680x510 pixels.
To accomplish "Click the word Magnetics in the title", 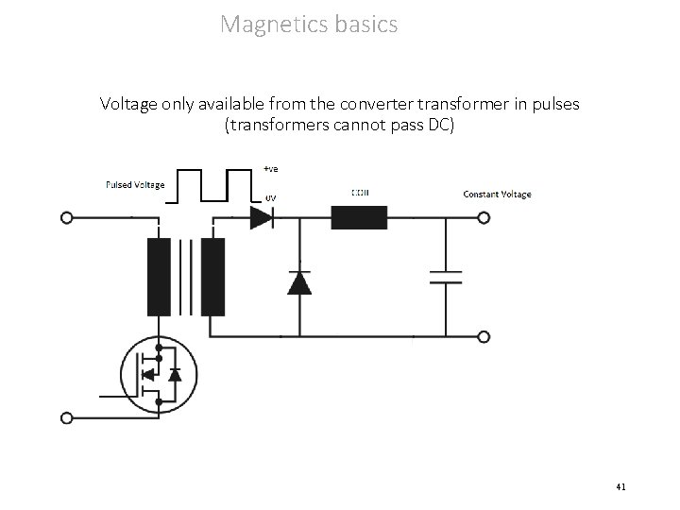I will coord(273,24).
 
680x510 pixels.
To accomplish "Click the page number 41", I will coord(620,486).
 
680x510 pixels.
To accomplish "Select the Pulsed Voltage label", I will coord(134,184).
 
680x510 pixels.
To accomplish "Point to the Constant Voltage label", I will coord(497,195).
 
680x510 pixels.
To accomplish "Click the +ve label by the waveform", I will coord(271,169).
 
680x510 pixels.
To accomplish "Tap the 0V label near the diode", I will coord(270,197).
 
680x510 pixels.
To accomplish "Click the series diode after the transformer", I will coord(262,218).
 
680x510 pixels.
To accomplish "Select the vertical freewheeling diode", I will coord(299,281).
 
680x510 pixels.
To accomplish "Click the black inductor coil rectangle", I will coord(359,218).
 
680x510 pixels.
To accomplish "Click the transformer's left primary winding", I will coord(159,276).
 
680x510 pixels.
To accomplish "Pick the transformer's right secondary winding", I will coord(213,276).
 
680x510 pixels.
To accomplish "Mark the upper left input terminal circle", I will coord(66,218).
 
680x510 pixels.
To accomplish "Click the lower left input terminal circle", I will coord(66,416).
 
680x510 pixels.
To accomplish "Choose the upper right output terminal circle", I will coord(484,218).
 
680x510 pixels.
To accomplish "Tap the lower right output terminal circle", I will coord(484,336).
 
